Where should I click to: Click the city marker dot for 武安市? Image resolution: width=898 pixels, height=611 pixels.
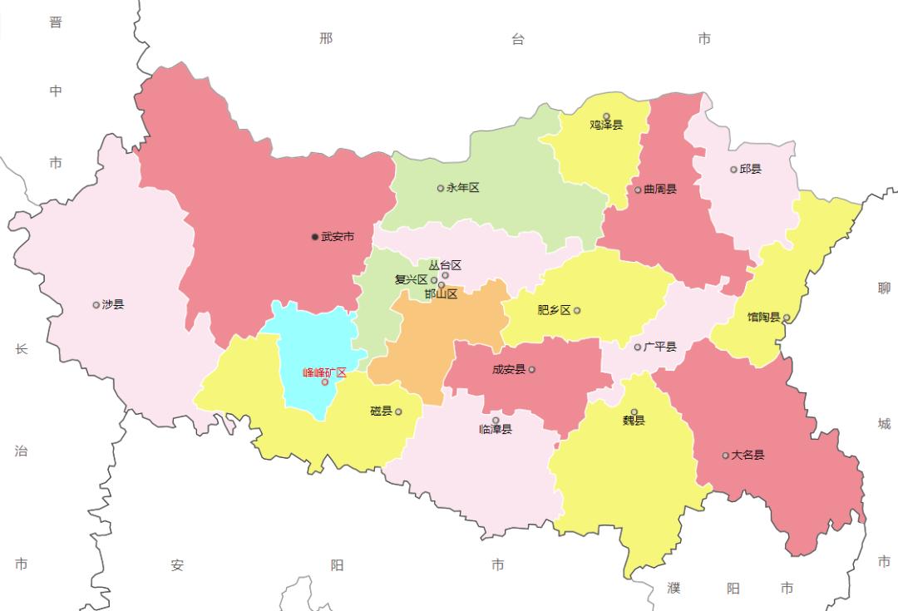pos(315,237)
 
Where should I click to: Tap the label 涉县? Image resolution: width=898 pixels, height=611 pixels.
pos(113,304)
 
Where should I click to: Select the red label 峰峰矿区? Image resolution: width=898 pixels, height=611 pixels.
pos(324,372)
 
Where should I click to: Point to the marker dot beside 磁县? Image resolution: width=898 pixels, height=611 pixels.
pos(398,411)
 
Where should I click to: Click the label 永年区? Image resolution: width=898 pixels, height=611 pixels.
pos(463,188)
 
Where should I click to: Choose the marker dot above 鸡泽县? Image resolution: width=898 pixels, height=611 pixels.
pos(606,116)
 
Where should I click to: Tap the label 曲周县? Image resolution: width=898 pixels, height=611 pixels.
pos(660,190)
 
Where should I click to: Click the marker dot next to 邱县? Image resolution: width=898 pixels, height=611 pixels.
pos(733,170)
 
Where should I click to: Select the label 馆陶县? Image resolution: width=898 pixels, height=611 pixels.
pos(763,317)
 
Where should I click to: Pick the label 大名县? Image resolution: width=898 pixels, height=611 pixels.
pos(748,455)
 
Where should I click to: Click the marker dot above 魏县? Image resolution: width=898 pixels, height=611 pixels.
pos(634,411)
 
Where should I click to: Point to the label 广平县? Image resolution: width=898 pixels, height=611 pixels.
pos(660,347)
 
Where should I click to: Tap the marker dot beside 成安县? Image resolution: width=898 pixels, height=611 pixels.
pos(532,369)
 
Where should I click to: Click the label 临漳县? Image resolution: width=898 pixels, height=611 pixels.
pos(496,430)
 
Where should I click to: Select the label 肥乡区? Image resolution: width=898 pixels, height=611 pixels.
pos(554,310)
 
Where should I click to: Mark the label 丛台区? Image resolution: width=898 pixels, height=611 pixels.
pos(445,265)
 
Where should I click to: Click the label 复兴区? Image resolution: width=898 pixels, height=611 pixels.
pos(411,280)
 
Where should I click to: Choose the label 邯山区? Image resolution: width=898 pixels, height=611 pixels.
pos(441,294)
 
